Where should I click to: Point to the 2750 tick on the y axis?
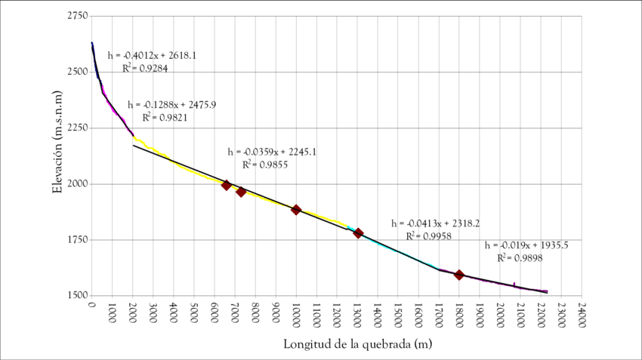coord(76,16)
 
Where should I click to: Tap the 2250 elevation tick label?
coord(76,128)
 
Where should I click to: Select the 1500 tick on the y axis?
coord(76,296)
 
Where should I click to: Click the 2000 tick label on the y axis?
coord(76,184)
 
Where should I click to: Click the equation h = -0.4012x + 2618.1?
coord(153,55)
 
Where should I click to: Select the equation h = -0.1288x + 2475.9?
coord(172,104)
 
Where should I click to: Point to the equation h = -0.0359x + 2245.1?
coord(272,152)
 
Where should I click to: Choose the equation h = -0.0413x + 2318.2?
coord(436,223)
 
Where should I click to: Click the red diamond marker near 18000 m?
coord(458,275)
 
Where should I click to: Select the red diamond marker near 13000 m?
coord(359,233)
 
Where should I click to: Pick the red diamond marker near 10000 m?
coord(296,210)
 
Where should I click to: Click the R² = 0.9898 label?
coord(519,258)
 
